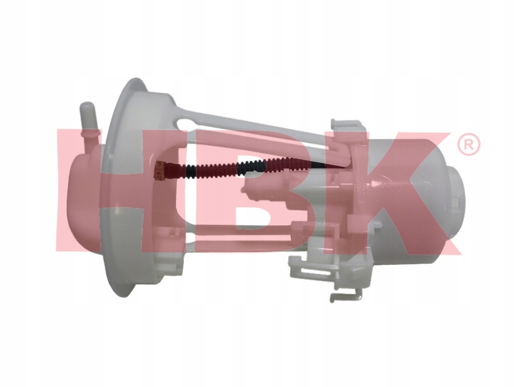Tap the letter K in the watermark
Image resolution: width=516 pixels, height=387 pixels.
click(x=407, y=193)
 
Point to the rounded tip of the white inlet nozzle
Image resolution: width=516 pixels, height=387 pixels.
click(x=86, y=106)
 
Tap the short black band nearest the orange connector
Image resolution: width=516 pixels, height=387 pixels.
click(x=191, y=170)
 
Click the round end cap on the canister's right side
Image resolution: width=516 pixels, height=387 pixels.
click(x=457, y=200)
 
